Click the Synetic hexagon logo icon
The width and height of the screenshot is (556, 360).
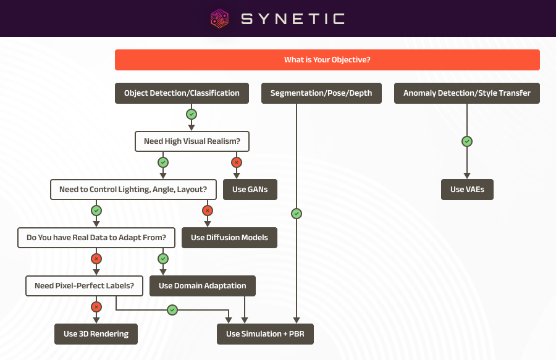pyautogui.click(x=219, y=19)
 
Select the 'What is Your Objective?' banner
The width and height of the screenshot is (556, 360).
pyautogui.click(x=327, y=60)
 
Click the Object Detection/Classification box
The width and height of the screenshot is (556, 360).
pyautogui.click(x=182, y=93)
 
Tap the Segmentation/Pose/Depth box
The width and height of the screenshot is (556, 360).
pyautogui.click(x=321, y=93)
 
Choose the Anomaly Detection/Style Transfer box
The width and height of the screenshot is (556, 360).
pyautogui.click(x=467, y=93)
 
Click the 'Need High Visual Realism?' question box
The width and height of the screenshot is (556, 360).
pyautogui.click(x=192, y=141)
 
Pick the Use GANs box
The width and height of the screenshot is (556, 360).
pyautogui.click(x=250, y=190)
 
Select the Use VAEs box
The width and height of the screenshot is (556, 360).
pyautogui.click(x=468, y=190)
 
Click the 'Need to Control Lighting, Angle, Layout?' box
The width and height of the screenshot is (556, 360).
pyautogui.click(x=133, y=190)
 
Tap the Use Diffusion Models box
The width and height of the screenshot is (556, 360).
pyautogui.click(x=229, y=238)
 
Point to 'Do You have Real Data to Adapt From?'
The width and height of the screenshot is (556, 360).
pyautogui.click(x=96, y=238)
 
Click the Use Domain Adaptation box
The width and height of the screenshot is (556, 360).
pyautogui.click(x=203, y=286)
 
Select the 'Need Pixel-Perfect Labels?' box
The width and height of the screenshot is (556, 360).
pyautogui.click(x=85, y=286)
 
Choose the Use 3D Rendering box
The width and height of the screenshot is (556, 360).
pyautogui.click(x=96, y=334)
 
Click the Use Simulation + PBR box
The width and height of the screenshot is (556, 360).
pyautogui.click(x=265, y=334)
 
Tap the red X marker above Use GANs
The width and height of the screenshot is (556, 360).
pyautogui.click(x=237, y=162)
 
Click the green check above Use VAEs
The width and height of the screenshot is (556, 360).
pyautogui.click(x=467, y=141)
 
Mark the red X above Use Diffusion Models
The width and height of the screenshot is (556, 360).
pyautogui.click(x=208, y=211)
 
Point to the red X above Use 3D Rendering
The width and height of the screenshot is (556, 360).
pyautogui.click(x=96, y=307)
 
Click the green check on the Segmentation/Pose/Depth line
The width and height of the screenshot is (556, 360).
pyautogui.click(x=297, y=214)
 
